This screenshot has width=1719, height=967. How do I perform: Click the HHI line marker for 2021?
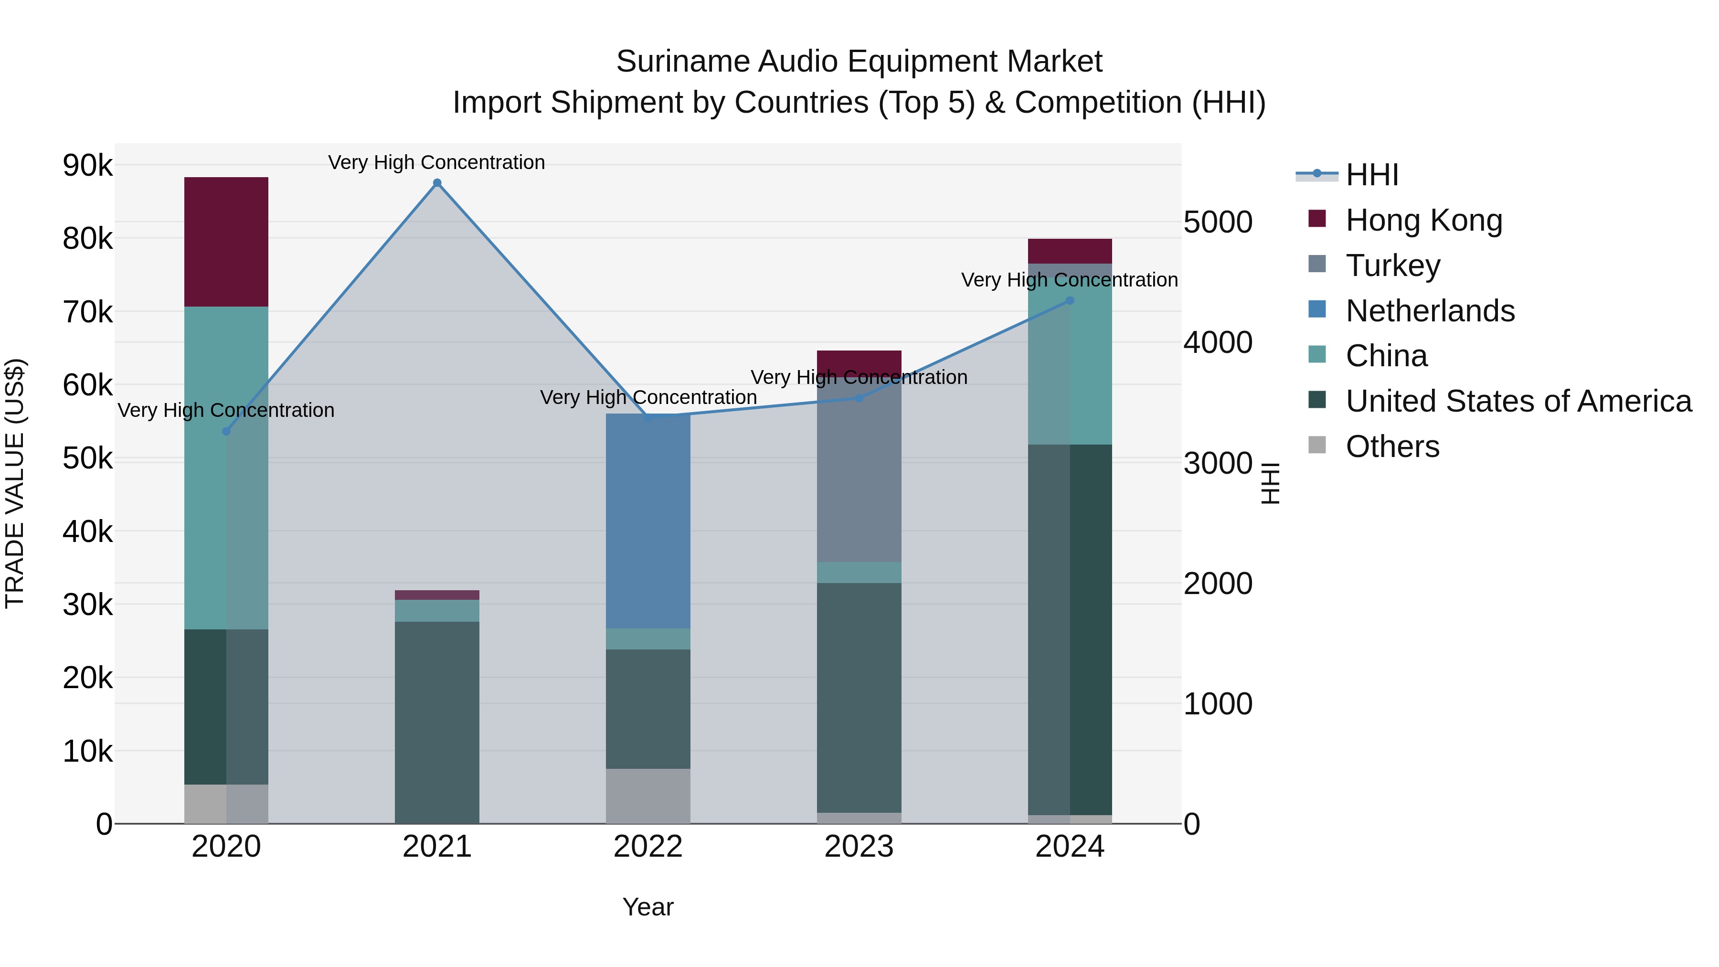437,183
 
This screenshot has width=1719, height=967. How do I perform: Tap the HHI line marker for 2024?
1070,300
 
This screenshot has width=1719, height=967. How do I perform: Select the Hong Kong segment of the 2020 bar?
226,242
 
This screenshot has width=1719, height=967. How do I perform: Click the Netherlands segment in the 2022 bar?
648,521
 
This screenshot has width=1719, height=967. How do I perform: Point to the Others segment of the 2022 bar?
648,796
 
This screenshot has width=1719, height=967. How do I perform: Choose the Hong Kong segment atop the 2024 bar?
1070,251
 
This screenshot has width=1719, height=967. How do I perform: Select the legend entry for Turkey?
1393,266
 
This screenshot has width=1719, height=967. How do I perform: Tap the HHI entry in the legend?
1371,175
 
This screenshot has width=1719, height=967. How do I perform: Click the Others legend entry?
1392,446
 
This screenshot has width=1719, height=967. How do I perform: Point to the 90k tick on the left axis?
87,165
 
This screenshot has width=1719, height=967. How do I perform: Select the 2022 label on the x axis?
648,847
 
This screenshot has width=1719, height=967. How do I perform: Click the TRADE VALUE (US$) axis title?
15,483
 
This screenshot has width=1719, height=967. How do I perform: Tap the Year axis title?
648,907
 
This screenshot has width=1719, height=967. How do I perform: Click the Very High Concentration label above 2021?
436,162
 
